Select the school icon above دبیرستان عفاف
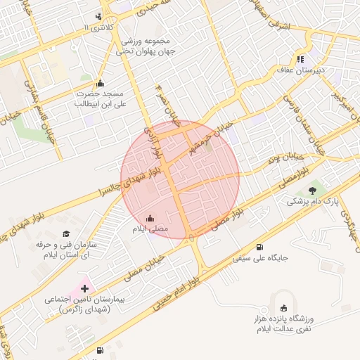click(x=301, y=59)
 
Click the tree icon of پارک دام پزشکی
click(x=313, y=190)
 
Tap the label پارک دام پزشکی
click(x=313, y=201)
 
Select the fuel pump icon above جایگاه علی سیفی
click(x=260, y=247)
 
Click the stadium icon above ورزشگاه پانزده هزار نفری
click(x=283, y=308)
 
